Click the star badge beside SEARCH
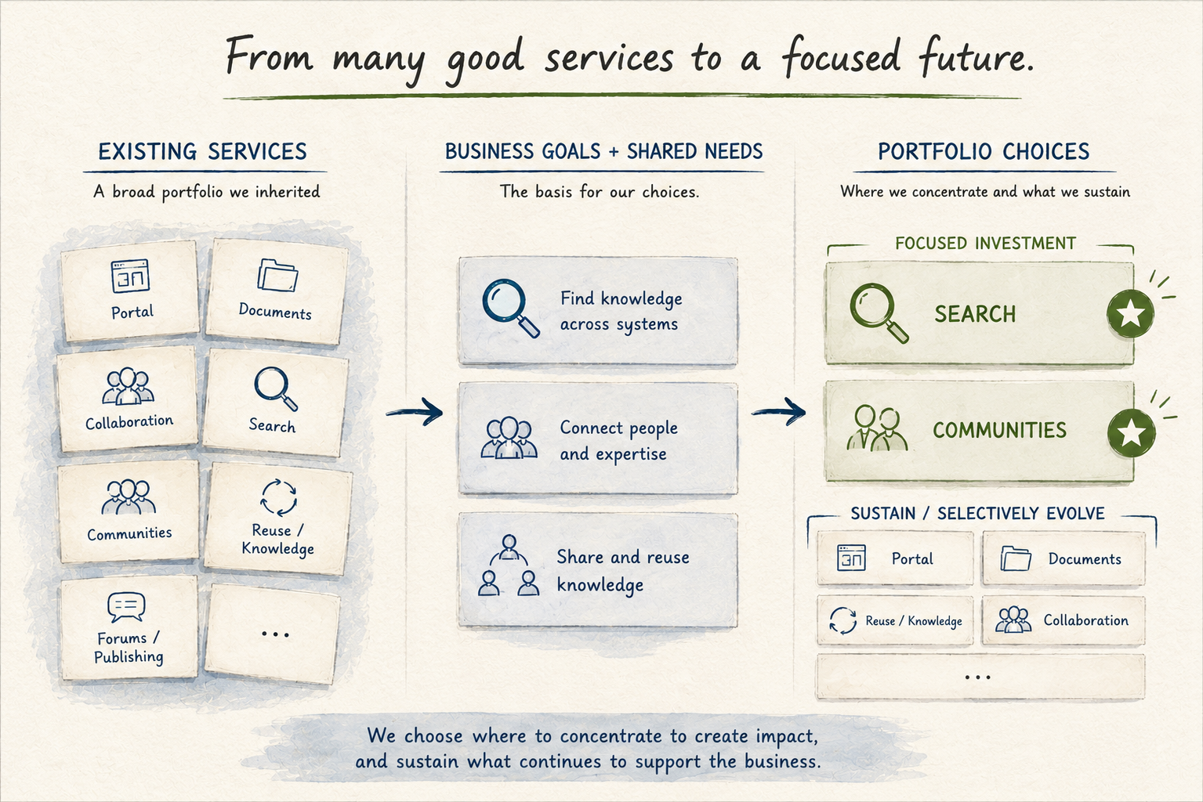tap(1130, 313)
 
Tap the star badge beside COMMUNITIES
tap(1131, 432)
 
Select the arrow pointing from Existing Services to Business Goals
tap(415, 412)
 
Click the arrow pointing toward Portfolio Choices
tap(779, 412)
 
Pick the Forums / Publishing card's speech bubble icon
tap(126, 607)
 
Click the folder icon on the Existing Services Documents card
tap(277, 275)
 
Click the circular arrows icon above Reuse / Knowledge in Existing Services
tap(278, 497)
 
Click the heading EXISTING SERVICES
tap(202, 152)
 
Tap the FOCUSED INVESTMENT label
tap(985, 243)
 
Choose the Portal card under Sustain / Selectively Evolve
tap(895, 559)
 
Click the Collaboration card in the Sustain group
tap(1063, 620)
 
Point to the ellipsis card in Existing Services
tap(274, 634)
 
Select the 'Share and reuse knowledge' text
tap(623, 571)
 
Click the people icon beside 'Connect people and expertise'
tap(509, 438)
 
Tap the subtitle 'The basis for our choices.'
tap(600, 192)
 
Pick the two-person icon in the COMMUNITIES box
tap(877, 428)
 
